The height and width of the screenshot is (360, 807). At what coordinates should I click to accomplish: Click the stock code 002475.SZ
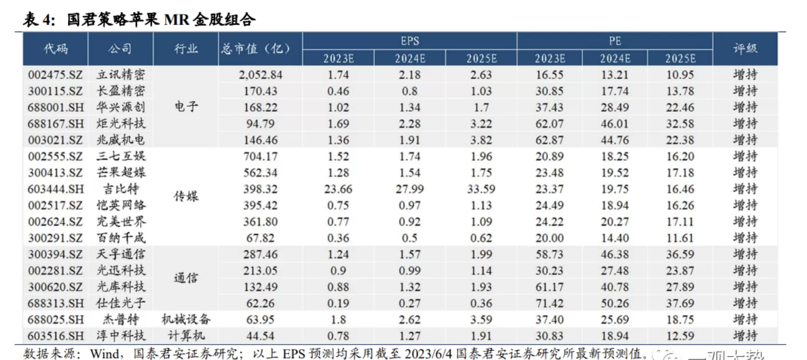pyautogui.click(x=55, y=75)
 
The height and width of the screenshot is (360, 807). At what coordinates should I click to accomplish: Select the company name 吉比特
pyautogui.click(x=120, y=189)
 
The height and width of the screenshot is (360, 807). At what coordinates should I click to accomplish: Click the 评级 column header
pyautogui.click(x=745, y=49)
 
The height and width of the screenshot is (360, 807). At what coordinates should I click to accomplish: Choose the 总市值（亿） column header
pyautogui.click(x=255, y=49)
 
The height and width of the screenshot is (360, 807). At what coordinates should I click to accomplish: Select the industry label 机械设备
pyautogui.click(x=186, y=319)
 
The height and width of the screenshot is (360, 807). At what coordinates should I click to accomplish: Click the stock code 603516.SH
pyautogui.click(x=55, y=336)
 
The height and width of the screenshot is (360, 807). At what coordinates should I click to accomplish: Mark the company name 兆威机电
pyautogui.click(x=120, y=139)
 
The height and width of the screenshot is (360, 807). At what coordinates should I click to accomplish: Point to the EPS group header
pyautogui.click(x=409, y=41)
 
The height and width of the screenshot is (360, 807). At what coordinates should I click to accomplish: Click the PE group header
pyautogui.click(x=614, y=41)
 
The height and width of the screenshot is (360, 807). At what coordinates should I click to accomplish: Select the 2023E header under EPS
pyautogui.click(x=338, y=58)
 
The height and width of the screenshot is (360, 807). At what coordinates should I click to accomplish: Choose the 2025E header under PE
pyautogui.click(x=680, y=58)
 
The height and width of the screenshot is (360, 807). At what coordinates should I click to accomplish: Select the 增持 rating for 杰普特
pyautogui.click(x=745, y=319)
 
